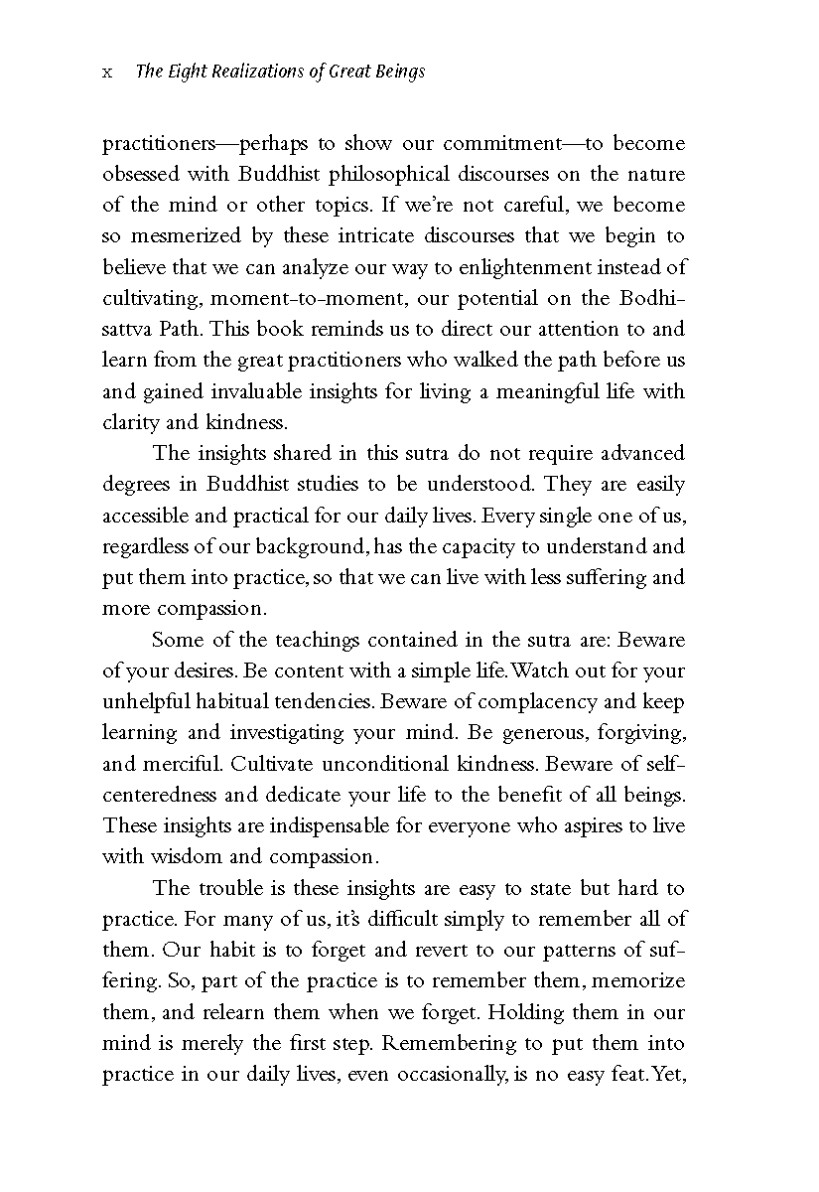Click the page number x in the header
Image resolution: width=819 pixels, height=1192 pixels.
[107, 73]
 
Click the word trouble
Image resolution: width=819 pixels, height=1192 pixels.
[236, 888]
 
